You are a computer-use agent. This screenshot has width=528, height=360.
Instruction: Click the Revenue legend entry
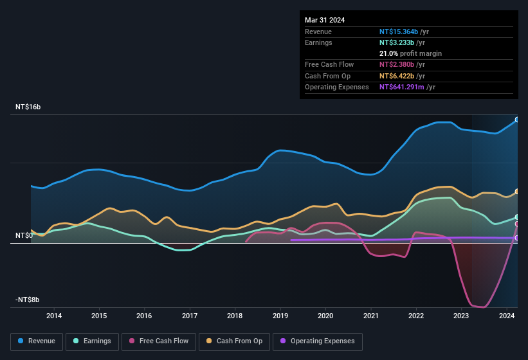click(x=37, y=341)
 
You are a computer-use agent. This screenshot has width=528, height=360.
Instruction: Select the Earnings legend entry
click(x=93, y=341)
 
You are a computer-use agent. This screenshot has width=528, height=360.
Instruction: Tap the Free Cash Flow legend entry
click(x=159, y=341)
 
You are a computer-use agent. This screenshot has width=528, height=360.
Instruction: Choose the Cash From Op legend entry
click(x=234, y=341)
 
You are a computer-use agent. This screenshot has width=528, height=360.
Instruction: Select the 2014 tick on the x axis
click(x=54, y=316)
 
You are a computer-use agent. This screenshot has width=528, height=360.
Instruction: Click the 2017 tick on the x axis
click(x=190, y=316)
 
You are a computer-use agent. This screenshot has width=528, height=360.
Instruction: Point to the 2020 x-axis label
click(x=325, y=316)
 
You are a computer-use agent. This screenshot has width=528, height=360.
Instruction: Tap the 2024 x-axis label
click(x=506, y=316)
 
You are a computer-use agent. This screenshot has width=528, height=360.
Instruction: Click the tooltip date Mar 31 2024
click(x=325, y=20)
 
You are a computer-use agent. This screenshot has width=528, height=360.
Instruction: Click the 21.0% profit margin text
click(x=410, y=53)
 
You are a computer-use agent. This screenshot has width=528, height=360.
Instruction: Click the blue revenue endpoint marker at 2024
click(x=517, y=120)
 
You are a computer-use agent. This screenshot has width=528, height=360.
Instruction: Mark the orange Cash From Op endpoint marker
click(x=517, y=192)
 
